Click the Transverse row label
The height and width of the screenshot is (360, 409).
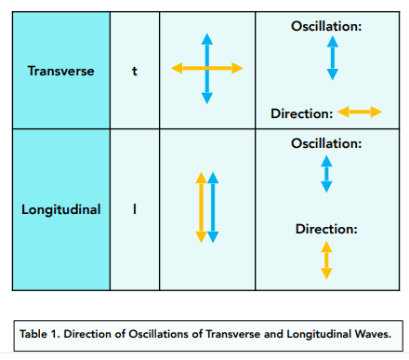pyautogui.click(x=60, y=71)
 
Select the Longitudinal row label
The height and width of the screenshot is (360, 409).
pyautogui.click(x=60, y=209)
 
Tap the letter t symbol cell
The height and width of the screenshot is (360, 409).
pyautogui.click(x=135, y=71)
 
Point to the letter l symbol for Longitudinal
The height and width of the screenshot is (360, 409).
pyautogui.click(x=135, y=208)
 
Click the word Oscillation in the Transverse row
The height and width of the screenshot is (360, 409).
pyautogui.click(x=326, y=26)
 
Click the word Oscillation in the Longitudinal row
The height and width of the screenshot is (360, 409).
pyautogui.click(x=326, y=143)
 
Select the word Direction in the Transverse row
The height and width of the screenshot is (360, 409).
pyautogui.click(x=302, y=113)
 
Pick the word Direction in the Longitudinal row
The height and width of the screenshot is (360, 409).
pyautogui.click(x=326, y=229)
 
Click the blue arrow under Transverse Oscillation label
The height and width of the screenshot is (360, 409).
pyautogui.click(x=333, y=58)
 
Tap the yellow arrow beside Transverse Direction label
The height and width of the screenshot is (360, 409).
pyautogui.click(x=360, y=112)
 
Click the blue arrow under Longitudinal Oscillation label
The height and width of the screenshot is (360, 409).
pyautogui.click(x=326, y=174)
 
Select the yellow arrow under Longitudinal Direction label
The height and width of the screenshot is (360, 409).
pyautogui.click(x=326, y=260)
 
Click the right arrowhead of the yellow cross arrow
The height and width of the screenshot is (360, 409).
pyautogui.click(x=237, y=68)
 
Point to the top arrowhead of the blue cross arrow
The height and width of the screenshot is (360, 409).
pyautogui.click(x=207, y=39)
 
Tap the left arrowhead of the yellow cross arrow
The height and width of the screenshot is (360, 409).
pyautogui.click(x=177, y=68)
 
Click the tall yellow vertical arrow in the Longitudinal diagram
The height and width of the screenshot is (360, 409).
pyautogui.click(x=201, y=207)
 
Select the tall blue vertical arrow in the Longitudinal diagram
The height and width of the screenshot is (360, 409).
pyautogui.click(x=213, y=207)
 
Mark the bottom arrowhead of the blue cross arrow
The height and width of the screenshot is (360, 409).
pyautogui.click(x=207, y=98)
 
